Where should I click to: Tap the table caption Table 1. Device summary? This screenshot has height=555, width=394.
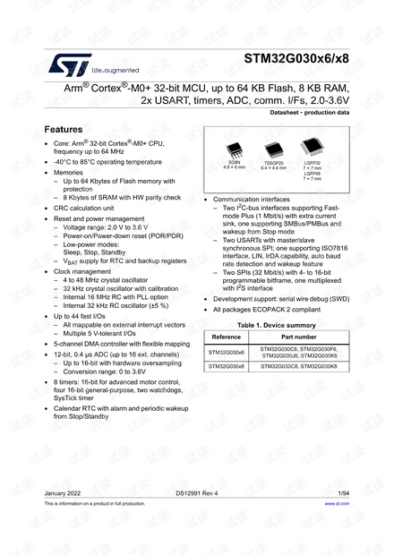[276, 324]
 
